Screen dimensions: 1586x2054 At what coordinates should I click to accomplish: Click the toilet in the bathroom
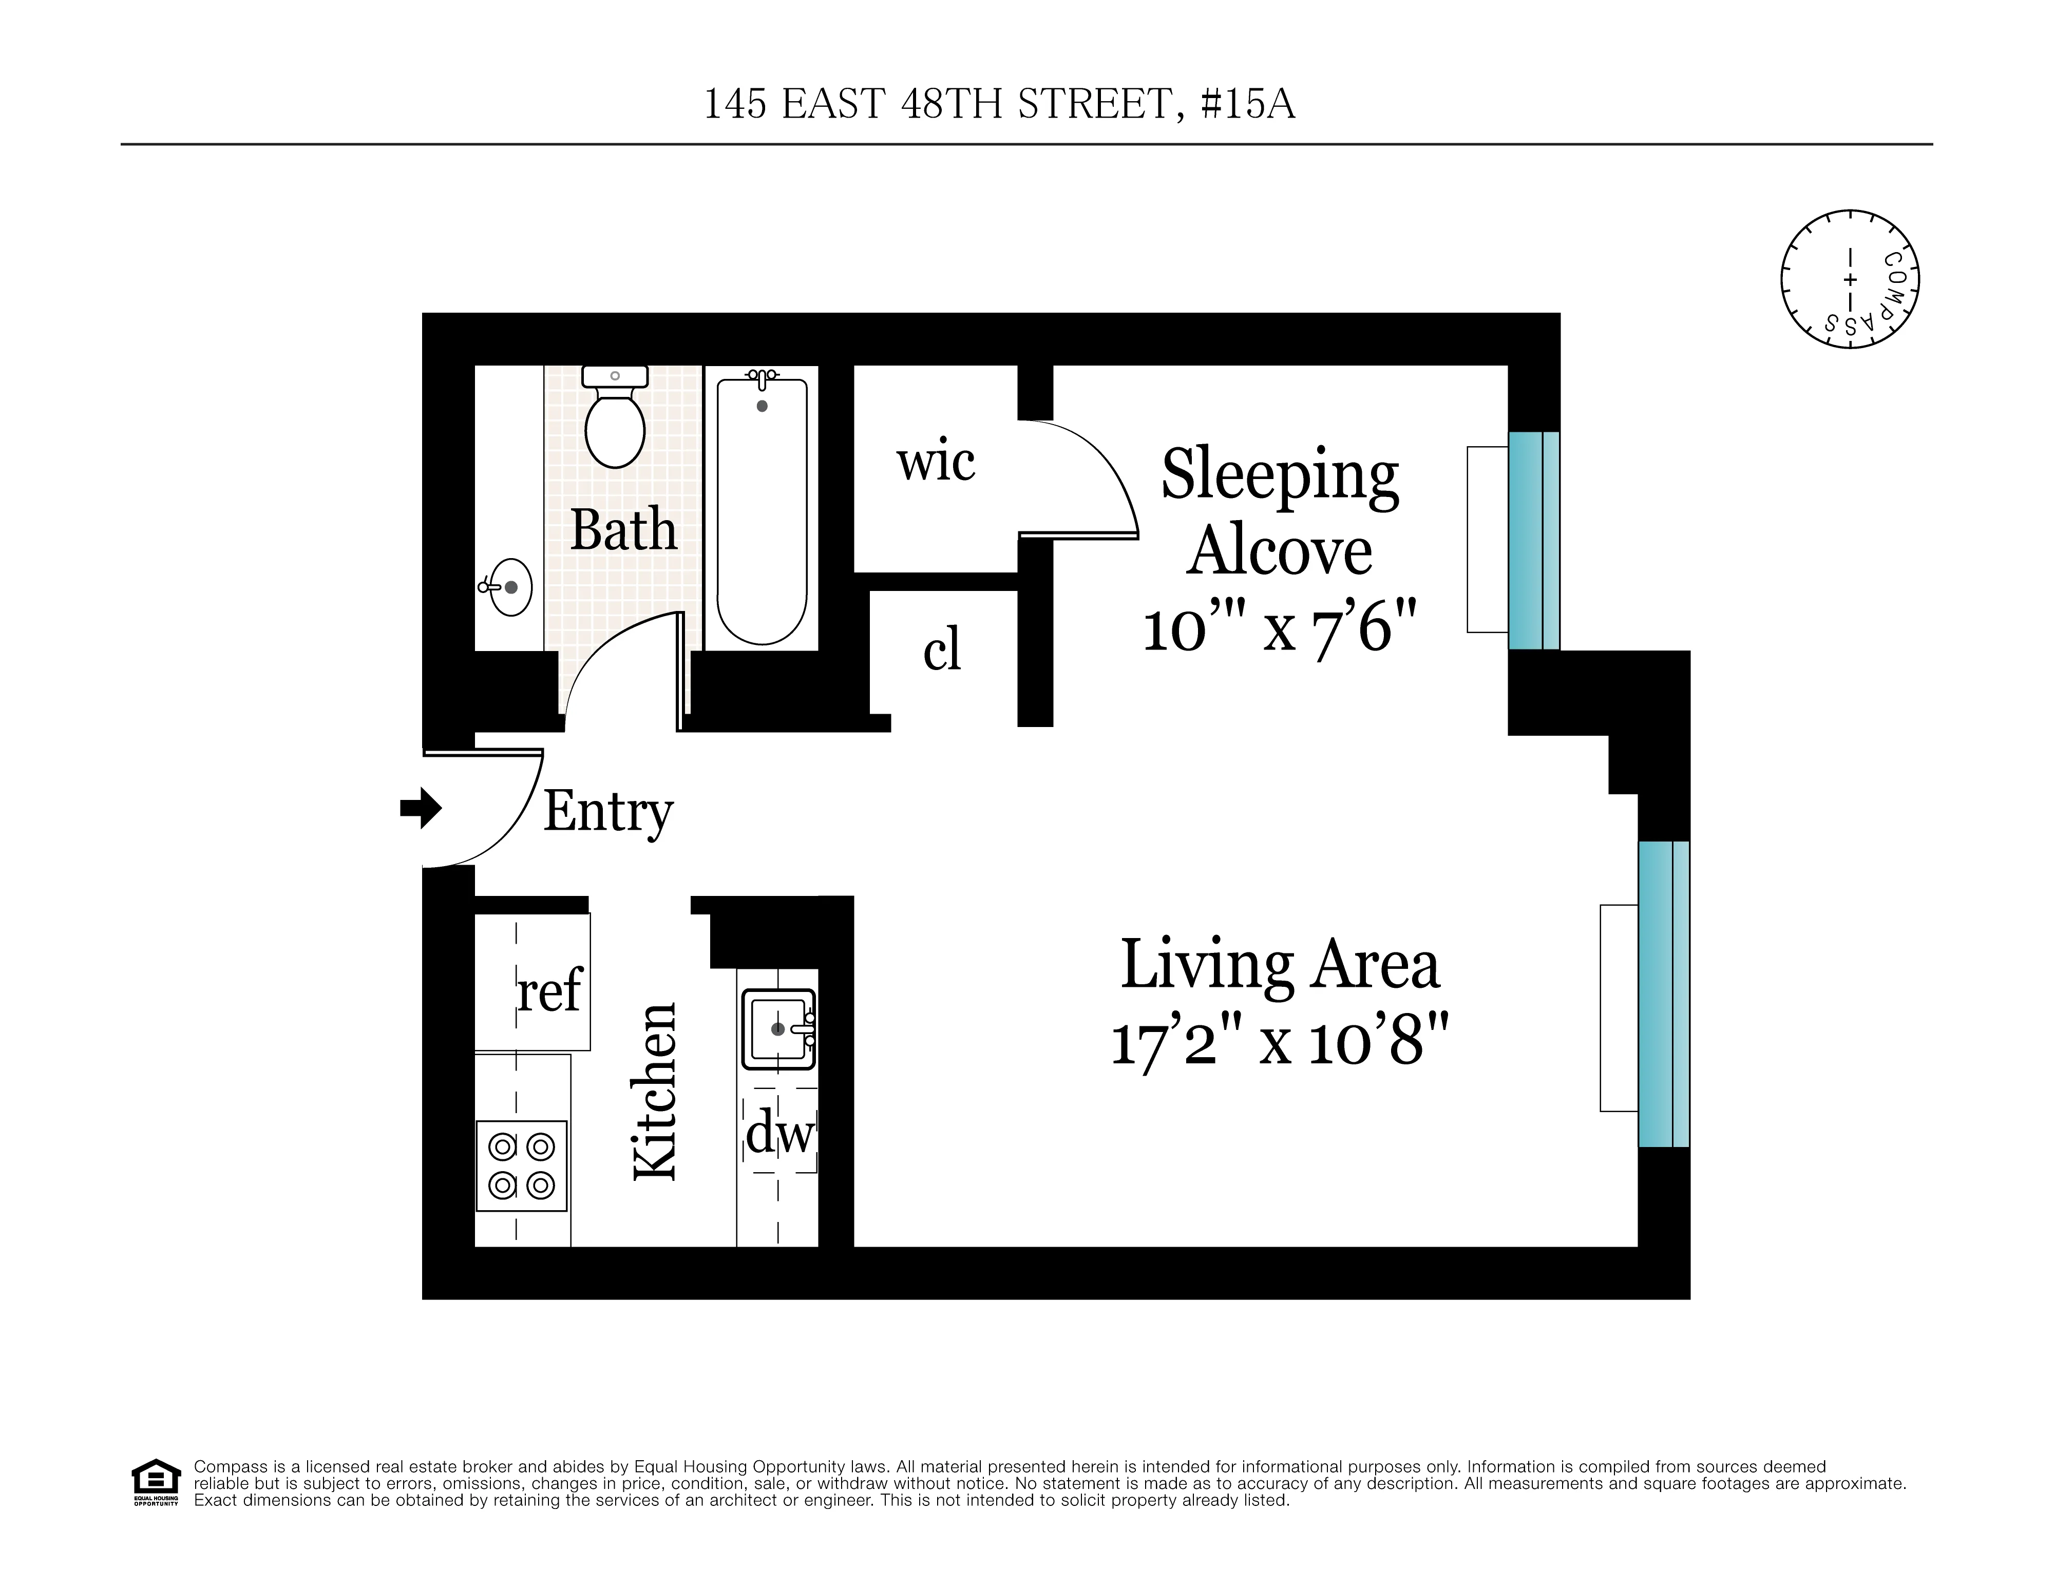click(x=614, y=420)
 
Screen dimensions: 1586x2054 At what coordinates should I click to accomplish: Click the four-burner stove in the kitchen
click(x=522, y=1166)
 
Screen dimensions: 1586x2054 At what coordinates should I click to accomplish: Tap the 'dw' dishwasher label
click(x=778, y=1134)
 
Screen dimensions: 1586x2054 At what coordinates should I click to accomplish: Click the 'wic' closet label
click(x=935, y=463)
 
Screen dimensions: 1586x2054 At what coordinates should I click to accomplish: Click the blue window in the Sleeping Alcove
click(x=1534, y=541)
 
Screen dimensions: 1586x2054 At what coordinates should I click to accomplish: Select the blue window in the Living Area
click(x=1664, y=993)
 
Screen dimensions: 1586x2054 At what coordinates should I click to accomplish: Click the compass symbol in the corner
click(x=1849, y=279)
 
